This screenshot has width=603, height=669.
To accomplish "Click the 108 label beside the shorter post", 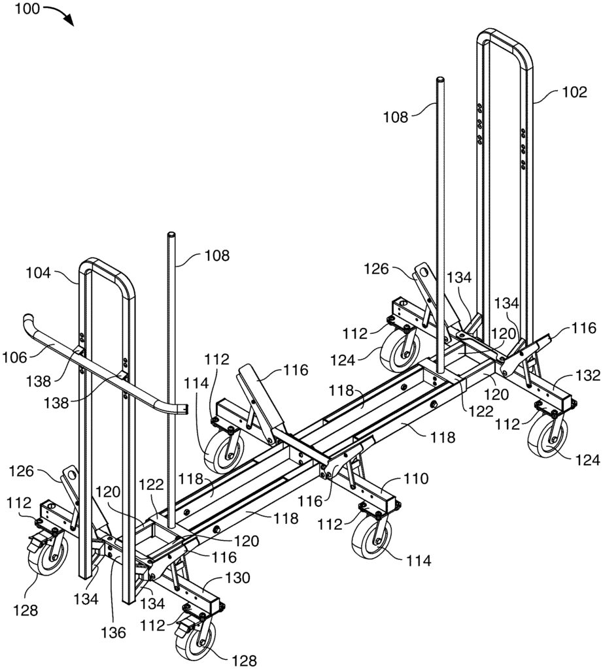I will [x=216, y=256].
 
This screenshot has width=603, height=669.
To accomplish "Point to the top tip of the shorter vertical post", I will [x=171, y=235].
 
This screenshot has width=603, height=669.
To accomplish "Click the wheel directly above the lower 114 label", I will [x=371, y=538].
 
